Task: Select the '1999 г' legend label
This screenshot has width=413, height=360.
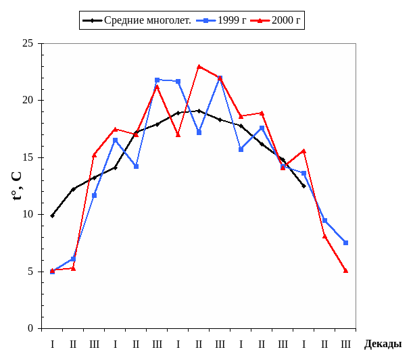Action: coord(232,20)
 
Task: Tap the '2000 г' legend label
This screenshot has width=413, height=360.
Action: coord(286,20)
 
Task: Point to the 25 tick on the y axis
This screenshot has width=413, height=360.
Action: coord(28,43)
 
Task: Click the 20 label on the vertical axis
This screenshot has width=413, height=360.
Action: coord(28,100)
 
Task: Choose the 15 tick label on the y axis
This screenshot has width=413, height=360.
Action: coord(28,157)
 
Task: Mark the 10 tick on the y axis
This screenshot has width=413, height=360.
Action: coord(28,214)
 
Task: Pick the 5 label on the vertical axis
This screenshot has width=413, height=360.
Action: coord(31,272)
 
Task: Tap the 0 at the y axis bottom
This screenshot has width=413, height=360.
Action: coord(31,329)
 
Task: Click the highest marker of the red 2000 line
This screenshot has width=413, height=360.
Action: coord(199,66)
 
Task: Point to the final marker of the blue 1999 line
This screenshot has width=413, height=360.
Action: coord(346,242)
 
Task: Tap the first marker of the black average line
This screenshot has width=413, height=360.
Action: coord(52,215)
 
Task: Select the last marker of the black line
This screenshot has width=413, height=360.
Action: coord(303,186)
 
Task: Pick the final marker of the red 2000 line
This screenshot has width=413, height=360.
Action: coord(346,270)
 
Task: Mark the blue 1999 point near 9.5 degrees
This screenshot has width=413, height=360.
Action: coord(325,220)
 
